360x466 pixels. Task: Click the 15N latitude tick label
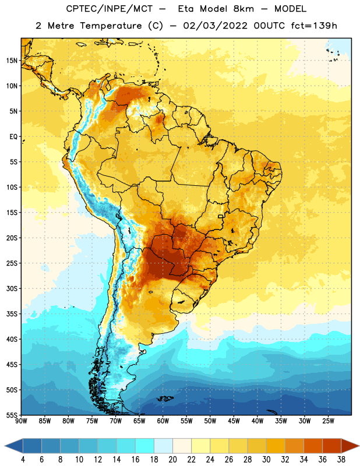coord(12,61)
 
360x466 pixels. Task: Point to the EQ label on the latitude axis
coord(13,137)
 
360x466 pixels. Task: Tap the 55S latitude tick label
coord(12,415)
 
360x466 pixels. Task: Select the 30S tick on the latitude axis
coord(12,288)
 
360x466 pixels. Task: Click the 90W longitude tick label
coord(21,421)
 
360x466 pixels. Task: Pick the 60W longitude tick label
coord(163,421)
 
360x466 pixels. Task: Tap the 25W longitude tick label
coord(328,421)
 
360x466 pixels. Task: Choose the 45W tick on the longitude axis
coord(234,421)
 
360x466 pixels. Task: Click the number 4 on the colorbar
coord(23,460)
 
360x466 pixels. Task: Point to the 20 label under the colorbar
coord(172,460)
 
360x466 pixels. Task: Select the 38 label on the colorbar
coord(341,460)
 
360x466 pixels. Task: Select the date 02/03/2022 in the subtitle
coord(215,26)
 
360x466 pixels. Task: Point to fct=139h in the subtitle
coord(314,26)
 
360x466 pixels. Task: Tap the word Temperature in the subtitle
coord(111,26)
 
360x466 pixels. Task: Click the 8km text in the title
coord(243,9)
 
